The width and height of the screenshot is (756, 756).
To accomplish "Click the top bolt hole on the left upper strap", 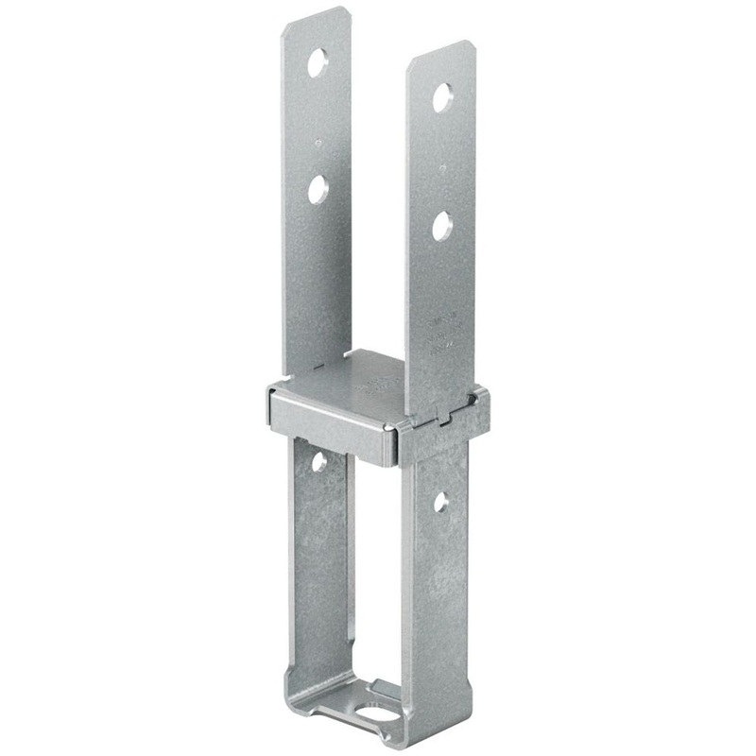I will [x=318, y=63].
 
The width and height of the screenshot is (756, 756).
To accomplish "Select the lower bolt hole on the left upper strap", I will [x=318, y=190].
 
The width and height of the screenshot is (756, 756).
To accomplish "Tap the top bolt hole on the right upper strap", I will [x=442, y=97].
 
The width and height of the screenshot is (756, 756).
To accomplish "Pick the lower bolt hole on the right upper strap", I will [x=442, y=226].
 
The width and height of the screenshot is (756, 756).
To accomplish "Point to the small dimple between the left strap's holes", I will [x=318, y=144].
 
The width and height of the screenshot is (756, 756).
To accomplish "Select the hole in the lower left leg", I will [x=318, y=461].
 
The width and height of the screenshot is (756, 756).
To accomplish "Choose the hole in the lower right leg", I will [x=441, y=502].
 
